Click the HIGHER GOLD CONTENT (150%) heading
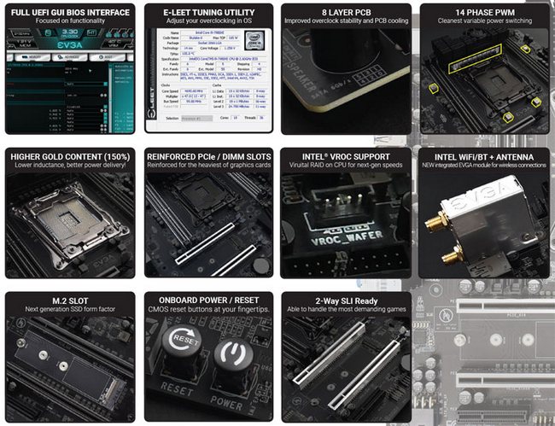(69, 156)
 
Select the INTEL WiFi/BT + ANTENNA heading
(483, 156)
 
